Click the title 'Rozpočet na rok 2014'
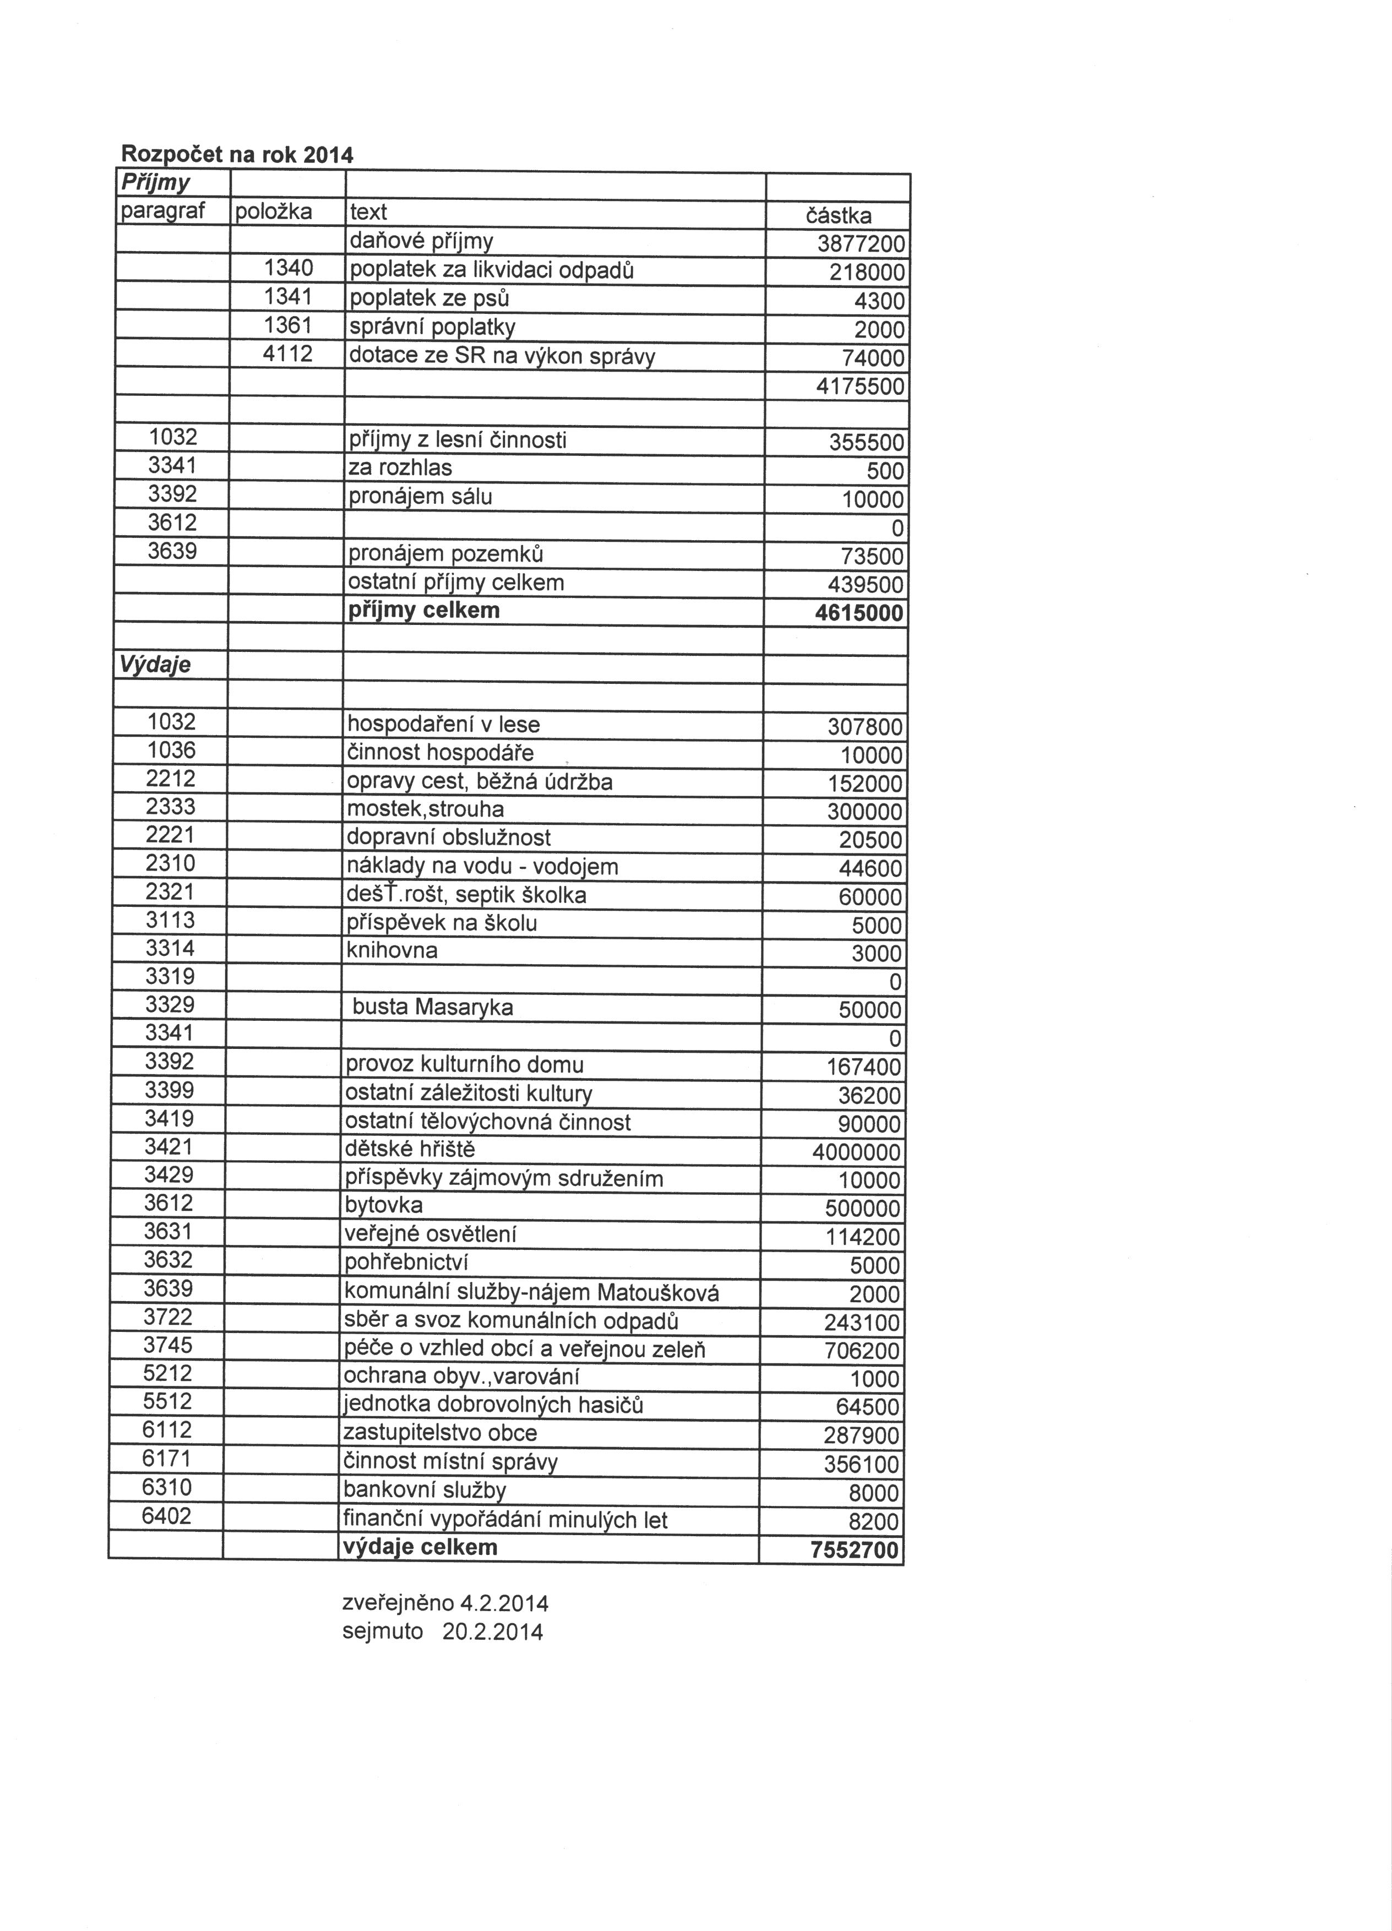tap(237, 155)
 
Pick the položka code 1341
tap(289, 297)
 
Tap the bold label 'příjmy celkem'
tap(423, 611)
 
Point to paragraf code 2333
tap(170, 806)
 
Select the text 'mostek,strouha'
tap(425, 809)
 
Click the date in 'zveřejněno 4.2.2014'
tap(504, 1604)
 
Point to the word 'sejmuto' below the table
tap(382, 1631)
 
